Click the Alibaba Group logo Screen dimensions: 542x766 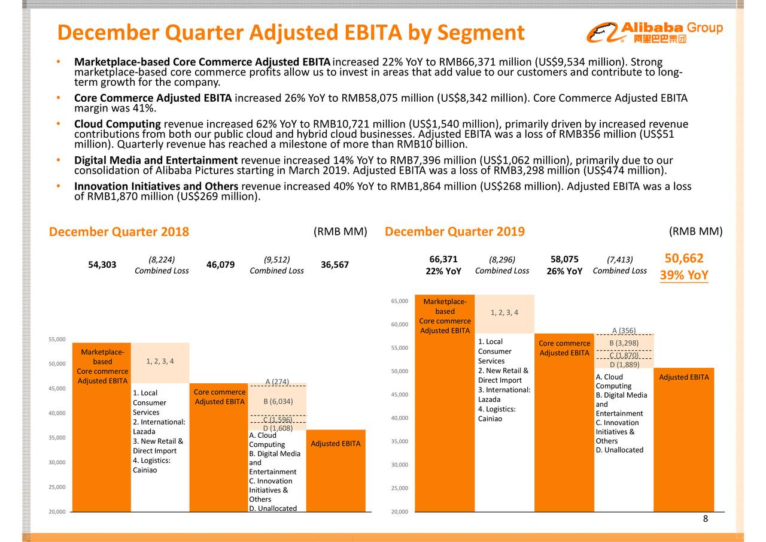pos(655,32)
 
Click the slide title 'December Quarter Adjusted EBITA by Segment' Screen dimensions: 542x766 pos(291,33)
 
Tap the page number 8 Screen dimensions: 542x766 pos(706,519)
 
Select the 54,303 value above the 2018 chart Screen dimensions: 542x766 pos(102,265)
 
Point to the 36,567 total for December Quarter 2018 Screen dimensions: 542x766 pos(335,265)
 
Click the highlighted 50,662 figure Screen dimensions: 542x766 pos(684,259)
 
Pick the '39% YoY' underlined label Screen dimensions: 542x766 pos(684,275)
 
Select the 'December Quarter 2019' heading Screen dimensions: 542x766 pos(454,232)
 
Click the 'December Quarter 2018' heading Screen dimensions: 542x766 pos(118,232)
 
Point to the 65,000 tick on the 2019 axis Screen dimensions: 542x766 pos(399,301)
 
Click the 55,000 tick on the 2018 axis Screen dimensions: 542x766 pos(57,340)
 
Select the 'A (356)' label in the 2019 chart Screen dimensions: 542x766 pos(624,331)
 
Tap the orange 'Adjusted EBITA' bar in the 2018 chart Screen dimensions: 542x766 pos(335,470)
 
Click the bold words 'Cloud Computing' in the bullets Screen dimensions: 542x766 pos(117,124)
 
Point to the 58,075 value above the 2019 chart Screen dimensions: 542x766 pos(564,259)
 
